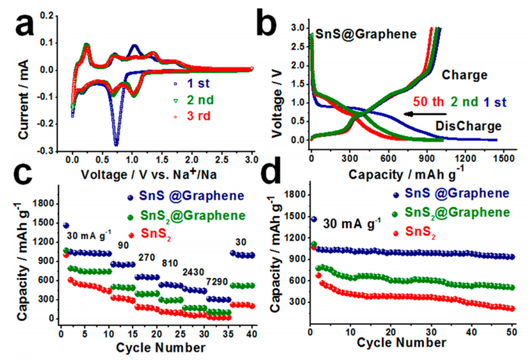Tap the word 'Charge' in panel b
pyautogui.click(x=465, y=75)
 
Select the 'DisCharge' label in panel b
pyautogui.click(x=467, y=126)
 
